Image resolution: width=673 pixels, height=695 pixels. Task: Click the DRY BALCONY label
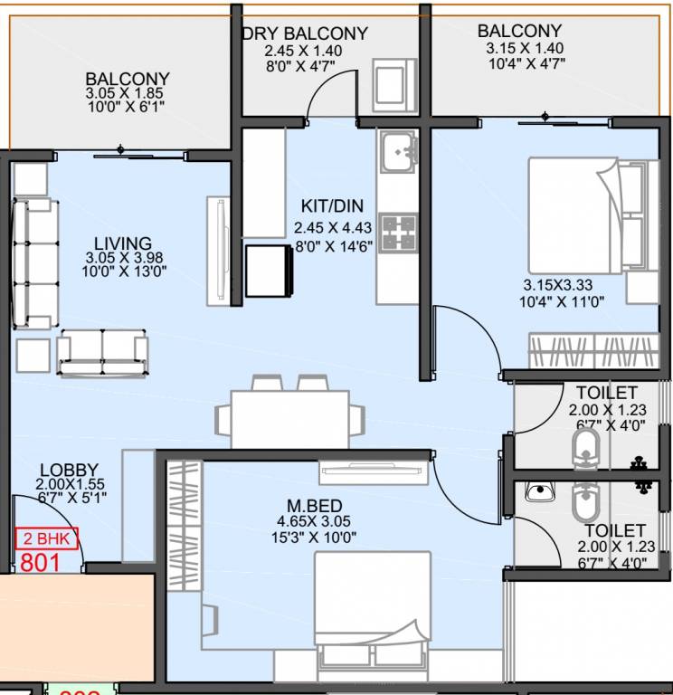[x=305, y=33]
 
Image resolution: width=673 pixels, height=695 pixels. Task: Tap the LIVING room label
[x=123, y=243]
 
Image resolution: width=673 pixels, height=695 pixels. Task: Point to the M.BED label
[x=316, y=505]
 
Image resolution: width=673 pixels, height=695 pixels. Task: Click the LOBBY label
[x=68, y=470]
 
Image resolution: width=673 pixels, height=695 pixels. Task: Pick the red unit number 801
[x=40, y=562]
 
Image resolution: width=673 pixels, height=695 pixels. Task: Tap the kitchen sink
[x=398, y=151]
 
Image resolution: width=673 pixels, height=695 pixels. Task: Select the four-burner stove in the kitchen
[x=398, y=232]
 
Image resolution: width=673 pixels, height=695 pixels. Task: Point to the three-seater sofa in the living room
[x=33, y=263]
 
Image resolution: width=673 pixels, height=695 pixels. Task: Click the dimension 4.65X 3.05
[x=314, y=521]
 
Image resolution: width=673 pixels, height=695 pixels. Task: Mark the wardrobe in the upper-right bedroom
[x=592, y=350]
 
